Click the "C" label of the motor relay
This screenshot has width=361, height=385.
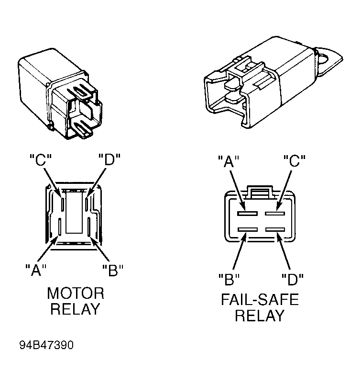point(41,160)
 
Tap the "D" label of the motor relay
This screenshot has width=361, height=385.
point(109,159)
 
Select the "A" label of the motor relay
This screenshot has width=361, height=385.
point(36,270)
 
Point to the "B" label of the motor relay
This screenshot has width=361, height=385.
point(113,270)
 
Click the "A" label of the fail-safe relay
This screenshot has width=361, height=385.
point(229,161)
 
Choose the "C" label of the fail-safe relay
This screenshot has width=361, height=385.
point(295,161)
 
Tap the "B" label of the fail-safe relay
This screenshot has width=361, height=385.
point(229,279)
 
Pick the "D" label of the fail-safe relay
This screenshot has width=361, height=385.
point(293,279)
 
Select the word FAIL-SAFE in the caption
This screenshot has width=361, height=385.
point(260,299)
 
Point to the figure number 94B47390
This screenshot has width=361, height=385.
point(46,345)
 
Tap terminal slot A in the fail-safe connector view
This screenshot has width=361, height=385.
point(247,213)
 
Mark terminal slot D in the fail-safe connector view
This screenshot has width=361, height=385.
point(275,230)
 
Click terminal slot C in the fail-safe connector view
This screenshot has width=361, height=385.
point(275,213)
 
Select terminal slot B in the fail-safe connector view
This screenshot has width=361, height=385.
point(247,230)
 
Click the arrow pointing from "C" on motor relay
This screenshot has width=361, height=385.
point(52,182)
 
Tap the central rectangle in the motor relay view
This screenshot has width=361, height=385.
point(74,212)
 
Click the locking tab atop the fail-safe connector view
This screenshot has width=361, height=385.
point(260,192)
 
